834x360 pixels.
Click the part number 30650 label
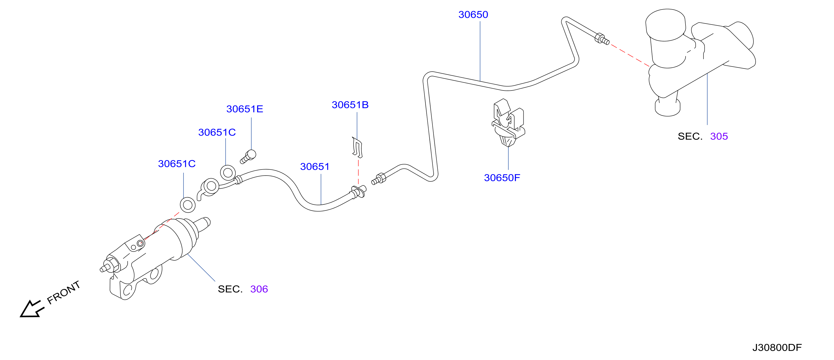tap(473, 15)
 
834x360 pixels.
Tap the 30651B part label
tap(350, 105)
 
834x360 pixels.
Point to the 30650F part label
tap(502, 178)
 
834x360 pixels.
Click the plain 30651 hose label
tap(315, 166)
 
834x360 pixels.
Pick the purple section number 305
tap(719, 136)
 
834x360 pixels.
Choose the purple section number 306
tap(259, 289)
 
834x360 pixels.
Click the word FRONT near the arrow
tap(64, 292)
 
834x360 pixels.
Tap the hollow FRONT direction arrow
tap(32, 309)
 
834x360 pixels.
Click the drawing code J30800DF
tap(777, 347)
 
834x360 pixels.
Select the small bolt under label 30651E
tap(248, 157)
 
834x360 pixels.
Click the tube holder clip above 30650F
tap(508, 123)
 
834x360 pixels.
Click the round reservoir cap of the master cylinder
tap(665, 25)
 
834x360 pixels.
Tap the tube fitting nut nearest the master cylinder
tap(600, 38)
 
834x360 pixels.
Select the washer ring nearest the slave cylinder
tap(188, 205)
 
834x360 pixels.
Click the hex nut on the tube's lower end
tap(381, 178)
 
